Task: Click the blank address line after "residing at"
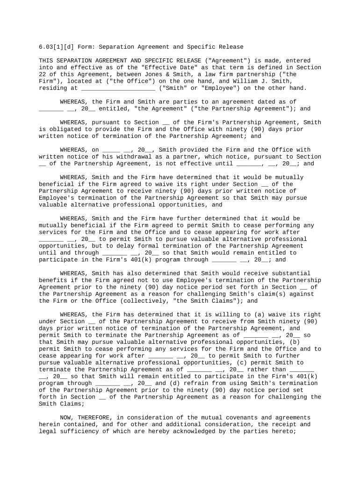point(118,88)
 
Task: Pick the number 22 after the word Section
point(42,74)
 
